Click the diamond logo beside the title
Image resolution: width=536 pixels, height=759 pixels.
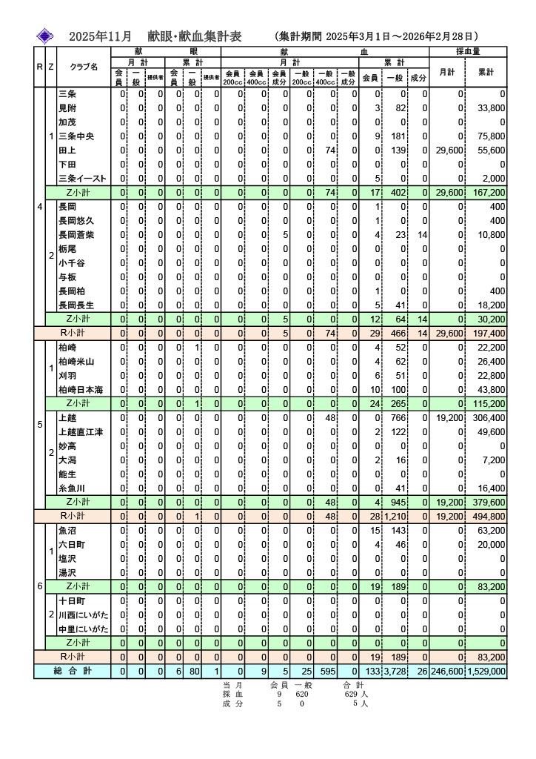(47, 36)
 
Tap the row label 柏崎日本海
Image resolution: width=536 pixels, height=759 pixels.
(81, 390)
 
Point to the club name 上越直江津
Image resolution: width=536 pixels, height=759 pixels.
(81, 432)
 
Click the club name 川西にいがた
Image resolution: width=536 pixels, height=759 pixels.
(83, 615)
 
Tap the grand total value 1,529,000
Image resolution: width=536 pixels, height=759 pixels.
(486, 671)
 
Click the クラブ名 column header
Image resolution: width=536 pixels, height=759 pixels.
(84, 67)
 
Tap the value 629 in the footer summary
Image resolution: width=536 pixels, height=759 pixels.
(351, 695)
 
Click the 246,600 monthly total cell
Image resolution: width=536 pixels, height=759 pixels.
(447, 671)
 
